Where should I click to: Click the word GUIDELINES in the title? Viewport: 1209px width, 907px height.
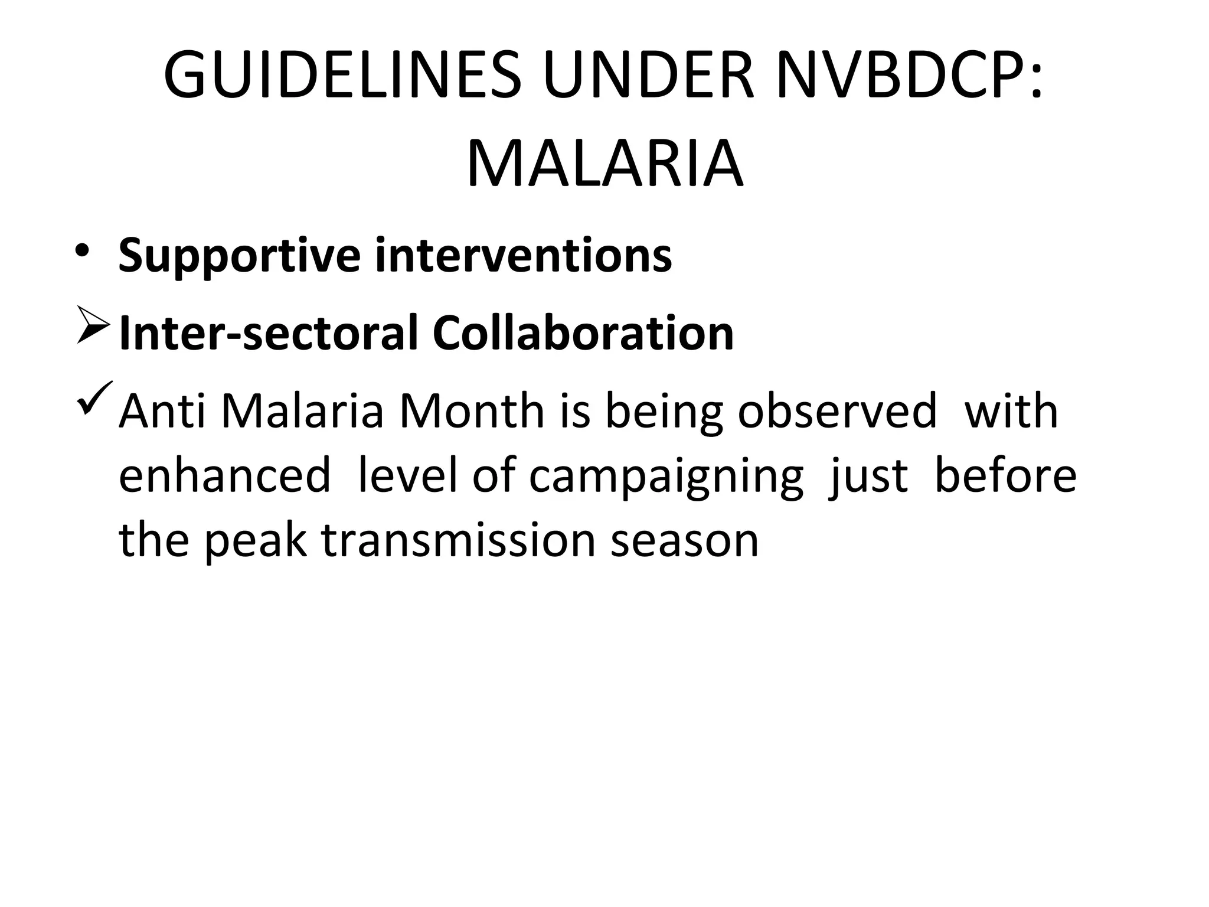[342, 76]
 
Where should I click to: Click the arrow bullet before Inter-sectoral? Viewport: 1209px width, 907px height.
[93, 331]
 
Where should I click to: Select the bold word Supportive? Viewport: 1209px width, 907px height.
[239, 256]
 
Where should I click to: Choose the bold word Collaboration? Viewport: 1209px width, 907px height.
[583, 333]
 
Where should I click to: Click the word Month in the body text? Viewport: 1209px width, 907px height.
[472, 412]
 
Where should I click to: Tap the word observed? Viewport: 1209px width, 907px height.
[837, 412]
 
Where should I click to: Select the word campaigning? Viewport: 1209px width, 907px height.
[666, 477]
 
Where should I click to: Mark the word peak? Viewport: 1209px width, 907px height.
[255, 541]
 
